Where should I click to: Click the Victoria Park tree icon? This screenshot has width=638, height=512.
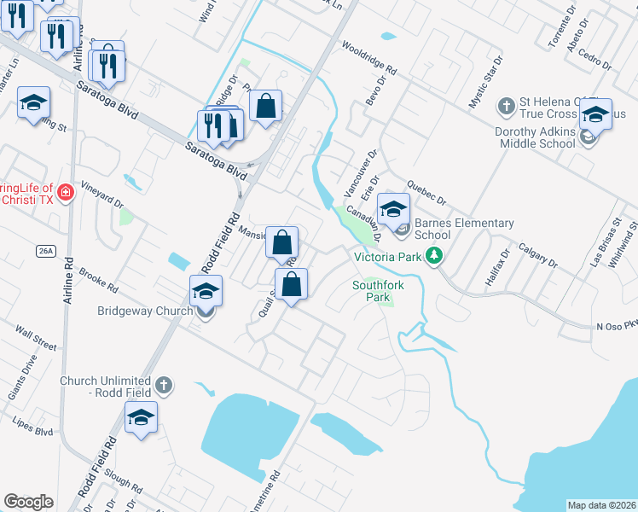pyautogui.click(x=434, y=255)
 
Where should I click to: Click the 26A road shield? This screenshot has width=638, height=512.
pyautogui.click(x=45, y=251)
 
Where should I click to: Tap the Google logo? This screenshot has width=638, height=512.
pyautogui.click(x=28, y=502)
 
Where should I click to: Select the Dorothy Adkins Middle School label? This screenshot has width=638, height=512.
pyautogui.click(x=535, y=137)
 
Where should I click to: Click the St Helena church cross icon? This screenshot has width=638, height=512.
pyautogui.click(x=506, y=107)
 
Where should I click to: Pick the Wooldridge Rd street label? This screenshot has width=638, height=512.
pyautogui.click(x=368, y=58)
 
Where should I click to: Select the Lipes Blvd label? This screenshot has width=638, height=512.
pyautogui.click(x=33, y=426)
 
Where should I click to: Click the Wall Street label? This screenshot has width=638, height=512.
pyautogui.click(x=36, y=336)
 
